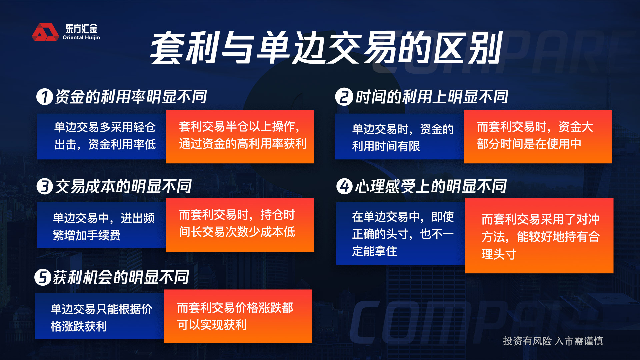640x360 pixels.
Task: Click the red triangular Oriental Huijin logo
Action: coord(45,32)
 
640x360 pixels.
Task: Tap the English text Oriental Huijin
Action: coord(81,37)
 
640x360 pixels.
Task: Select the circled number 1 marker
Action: coord(45,97)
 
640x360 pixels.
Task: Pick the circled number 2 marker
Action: coord(344,97)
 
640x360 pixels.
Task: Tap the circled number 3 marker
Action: coord(45,186)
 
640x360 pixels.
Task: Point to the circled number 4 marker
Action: coord(344,186)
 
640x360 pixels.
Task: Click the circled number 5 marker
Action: coord(43,277)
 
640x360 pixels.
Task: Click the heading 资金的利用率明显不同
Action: coord(131,97)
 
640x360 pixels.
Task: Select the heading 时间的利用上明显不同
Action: coord(432,97)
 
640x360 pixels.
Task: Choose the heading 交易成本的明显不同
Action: coord(123,186)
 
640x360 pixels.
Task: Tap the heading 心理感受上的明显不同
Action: coord(431,186)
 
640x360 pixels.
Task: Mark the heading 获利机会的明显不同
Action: coord(121,277)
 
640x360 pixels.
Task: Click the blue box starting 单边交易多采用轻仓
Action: coord(101,136)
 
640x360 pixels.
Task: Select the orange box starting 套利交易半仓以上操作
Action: coord(240,136)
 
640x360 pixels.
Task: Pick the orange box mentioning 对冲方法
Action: coord(539,236)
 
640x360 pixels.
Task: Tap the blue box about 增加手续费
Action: coord(101,225)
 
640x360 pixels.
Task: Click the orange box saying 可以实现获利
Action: coord(238,316)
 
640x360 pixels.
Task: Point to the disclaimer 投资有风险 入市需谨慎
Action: coord(553,341)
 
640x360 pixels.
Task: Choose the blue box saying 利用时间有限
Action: coord(399,136)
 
